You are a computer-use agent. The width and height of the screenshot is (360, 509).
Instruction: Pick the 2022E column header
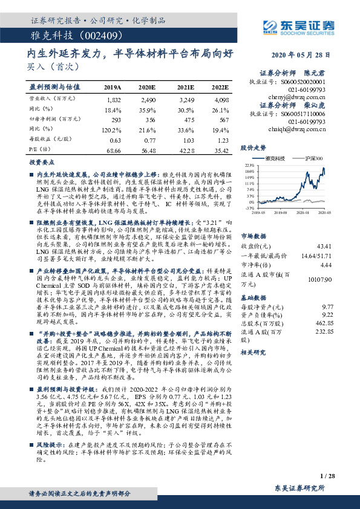[220, 87]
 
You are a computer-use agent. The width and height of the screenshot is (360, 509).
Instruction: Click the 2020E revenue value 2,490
[148, 99]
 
